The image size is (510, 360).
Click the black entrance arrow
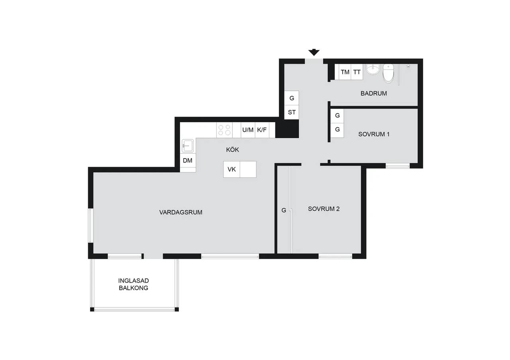[x=314, y=52]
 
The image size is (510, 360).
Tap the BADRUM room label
[x=374, y=93]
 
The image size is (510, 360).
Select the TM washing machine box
[x=345, y=72]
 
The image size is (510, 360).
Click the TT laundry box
[x=357, y=72]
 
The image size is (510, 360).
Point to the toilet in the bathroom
[x=388, y=73]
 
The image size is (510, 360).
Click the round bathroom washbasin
[x=373, y=69]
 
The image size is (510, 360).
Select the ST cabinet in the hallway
[x=292, y=112]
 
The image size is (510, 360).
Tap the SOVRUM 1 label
[x=374, y=134]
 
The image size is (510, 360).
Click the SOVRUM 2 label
[x=324, y=209]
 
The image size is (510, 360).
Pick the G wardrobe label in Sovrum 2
[x=284, y=210]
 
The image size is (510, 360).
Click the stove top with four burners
[x=224, y=130]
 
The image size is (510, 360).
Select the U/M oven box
[x=248, y=130]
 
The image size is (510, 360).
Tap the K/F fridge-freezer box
[x=262, y=130]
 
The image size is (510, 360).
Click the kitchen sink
[x=188, y=146]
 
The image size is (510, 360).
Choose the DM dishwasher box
[x=188, y=160]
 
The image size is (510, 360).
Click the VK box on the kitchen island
[x=231, y=169]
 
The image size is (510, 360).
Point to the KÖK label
[x=232, y=149]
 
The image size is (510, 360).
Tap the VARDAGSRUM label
[x=181, y=212]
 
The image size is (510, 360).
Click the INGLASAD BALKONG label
[x=133, y=284]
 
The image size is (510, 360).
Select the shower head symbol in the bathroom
[x=408, y=66]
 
